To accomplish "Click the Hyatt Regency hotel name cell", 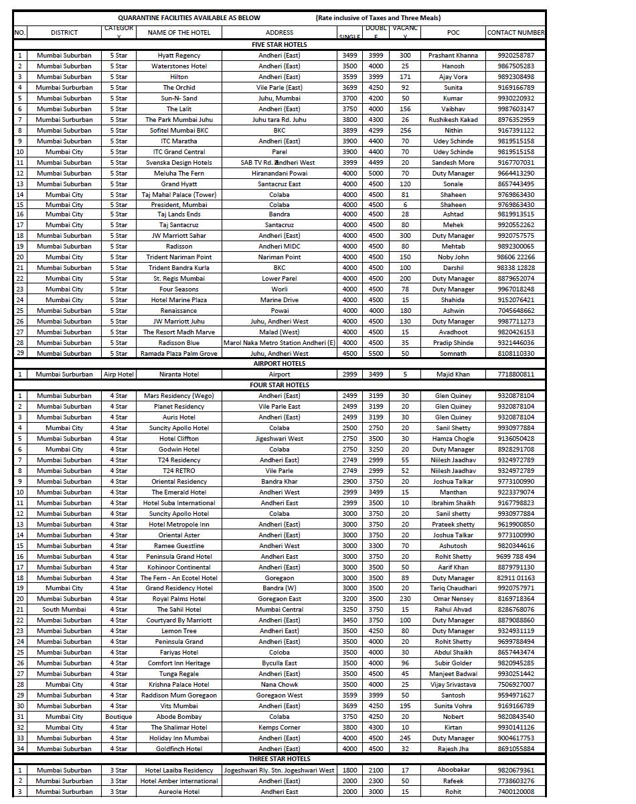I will coord(179,56).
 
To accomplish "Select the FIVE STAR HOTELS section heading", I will coord(279,44).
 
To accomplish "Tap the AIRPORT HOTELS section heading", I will coord(279,364).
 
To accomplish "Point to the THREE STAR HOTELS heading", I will coord(279,759).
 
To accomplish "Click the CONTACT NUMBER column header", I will coord(515,32).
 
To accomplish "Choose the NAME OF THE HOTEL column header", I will coord(179,32).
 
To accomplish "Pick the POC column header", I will coord(453,32).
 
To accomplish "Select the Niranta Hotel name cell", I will coord(179,375).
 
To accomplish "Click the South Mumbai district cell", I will coord(64,610).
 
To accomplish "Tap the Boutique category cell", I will coord(118,717).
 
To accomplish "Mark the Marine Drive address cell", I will coord(279,300).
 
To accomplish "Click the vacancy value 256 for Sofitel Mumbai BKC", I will coord(405,131).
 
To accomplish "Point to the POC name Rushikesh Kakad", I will coord(453,120).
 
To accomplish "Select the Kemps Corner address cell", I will coord(279,728).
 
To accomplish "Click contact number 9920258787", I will coord(515,56).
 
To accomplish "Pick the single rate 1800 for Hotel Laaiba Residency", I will coord(349,770).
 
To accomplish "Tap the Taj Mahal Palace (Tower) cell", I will coord(179,195).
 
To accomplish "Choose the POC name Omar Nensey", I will coord(453,599).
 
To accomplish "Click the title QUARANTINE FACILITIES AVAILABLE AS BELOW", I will coord(189,18).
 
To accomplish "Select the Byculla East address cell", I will coord(279,663).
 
